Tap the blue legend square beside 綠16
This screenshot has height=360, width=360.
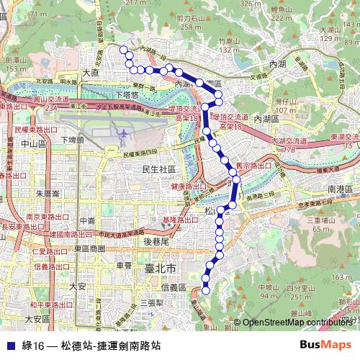coord(9,346)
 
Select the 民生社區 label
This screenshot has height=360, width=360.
coord(159,169)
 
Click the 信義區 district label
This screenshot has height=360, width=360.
coord(174,287)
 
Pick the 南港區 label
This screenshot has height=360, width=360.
coord(338,188)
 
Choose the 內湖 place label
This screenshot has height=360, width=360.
coord(277,64)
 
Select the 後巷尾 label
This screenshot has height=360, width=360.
coord(156,241)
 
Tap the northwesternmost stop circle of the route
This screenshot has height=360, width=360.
coord(123,50)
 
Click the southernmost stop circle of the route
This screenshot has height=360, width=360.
coord(205,291)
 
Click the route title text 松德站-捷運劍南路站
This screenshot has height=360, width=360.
coord(111,346)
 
